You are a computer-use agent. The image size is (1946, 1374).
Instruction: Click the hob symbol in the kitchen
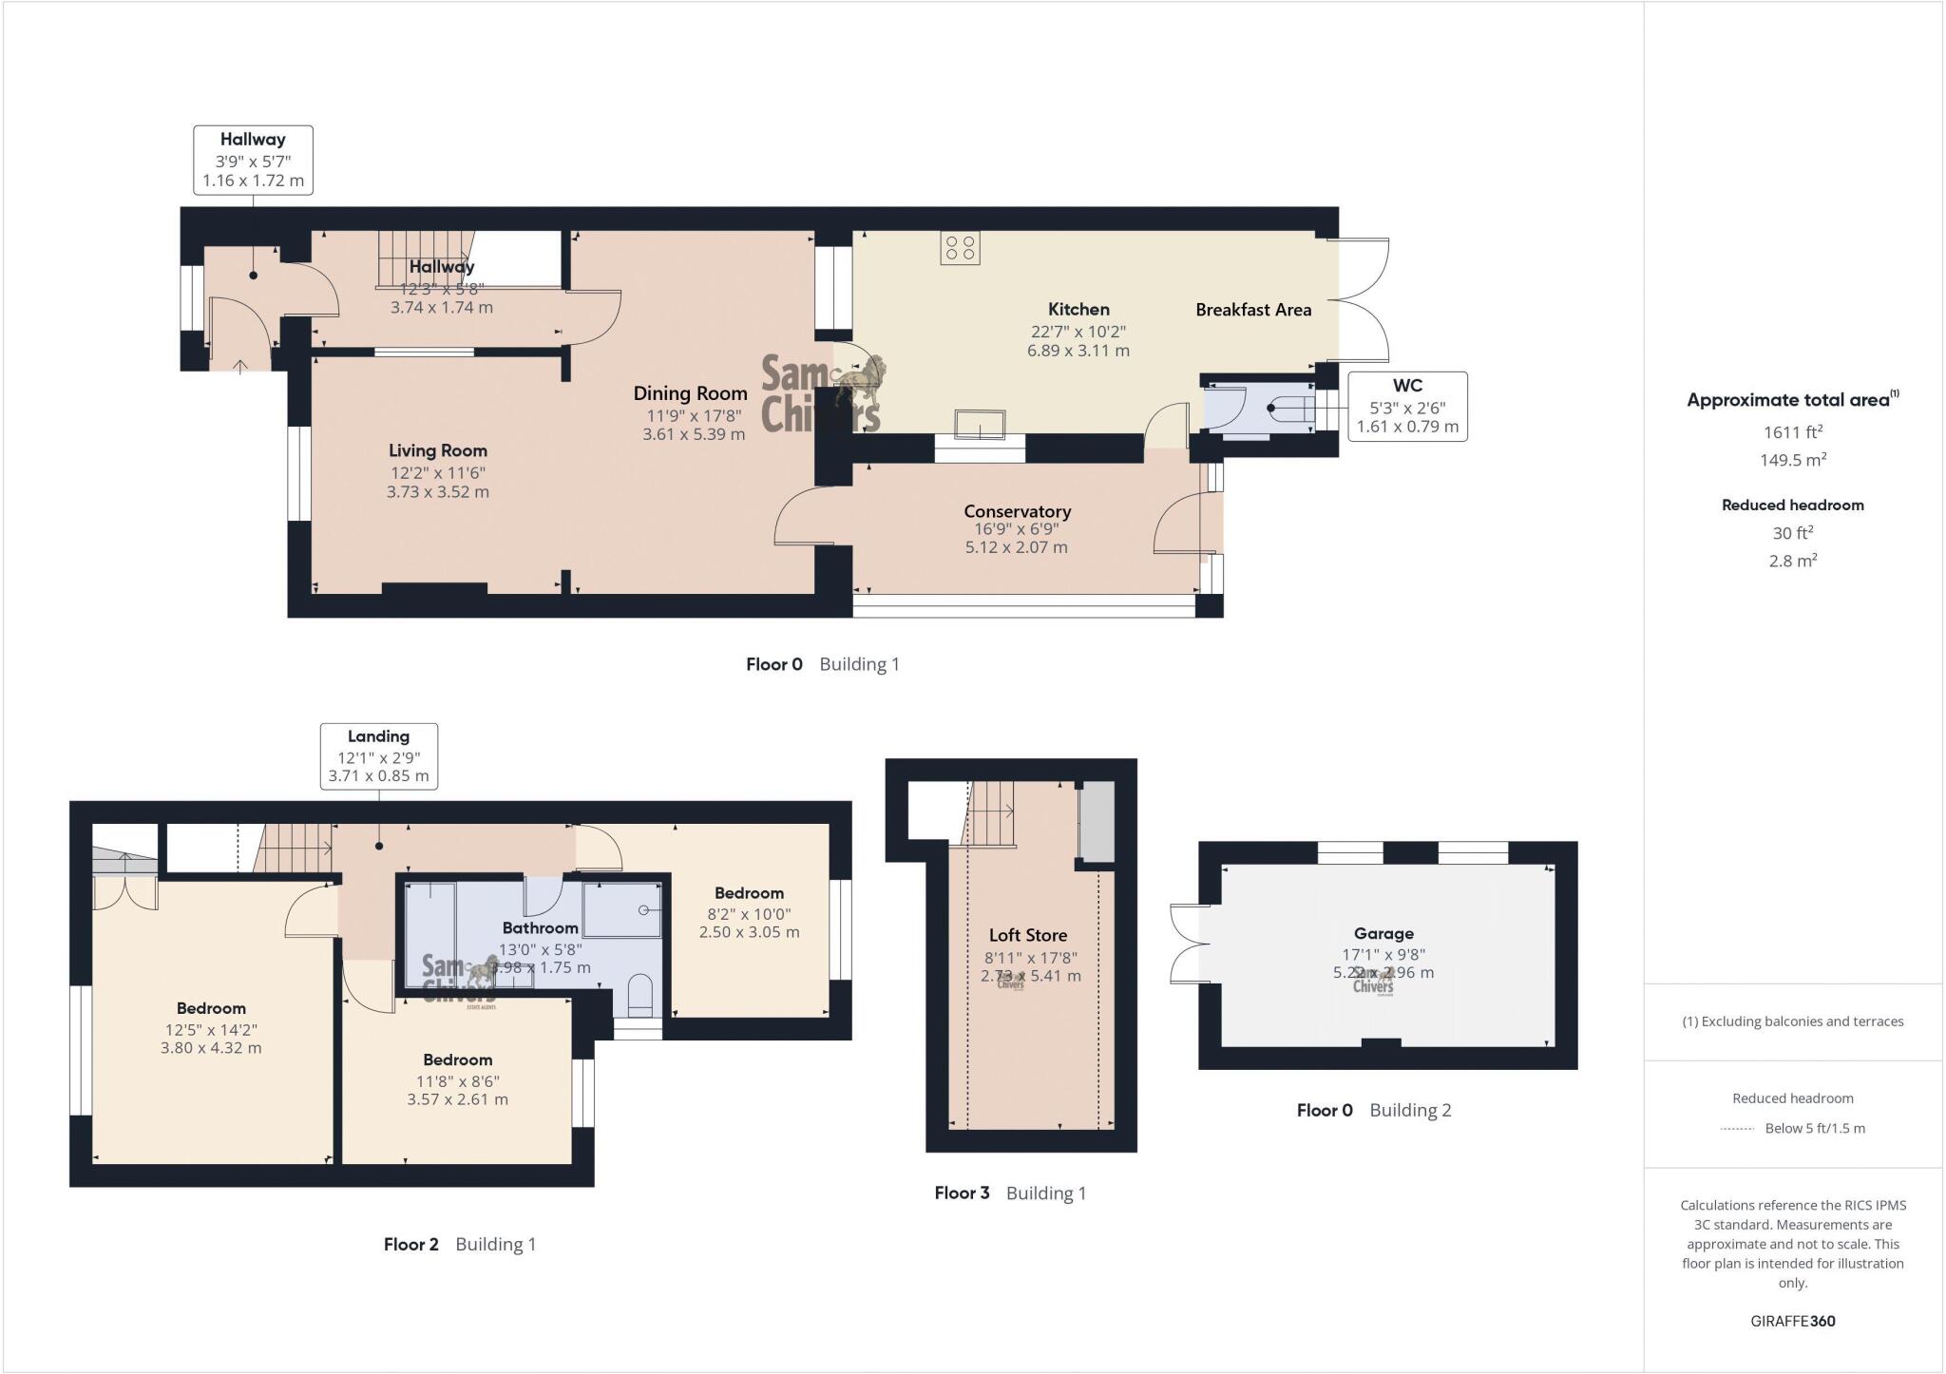tap(960, 249)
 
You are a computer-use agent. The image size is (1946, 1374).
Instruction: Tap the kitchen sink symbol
tap(981, 424)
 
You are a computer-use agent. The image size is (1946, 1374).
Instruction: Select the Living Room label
tap(437, 450)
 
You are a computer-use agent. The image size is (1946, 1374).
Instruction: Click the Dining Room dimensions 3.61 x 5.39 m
tap(694, 434)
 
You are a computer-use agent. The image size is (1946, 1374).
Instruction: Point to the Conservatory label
tap(1017, 511)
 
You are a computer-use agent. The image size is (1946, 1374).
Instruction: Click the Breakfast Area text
tap(1252, 310)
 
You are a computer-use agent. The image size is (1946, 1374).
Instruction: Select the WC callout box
tap(1406, 406)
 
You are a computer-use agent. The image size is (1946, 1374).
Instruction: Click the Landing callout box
tap(378, 755)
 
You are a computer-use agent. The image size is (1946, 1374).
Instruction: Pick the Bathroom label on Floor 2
tap(540, 927)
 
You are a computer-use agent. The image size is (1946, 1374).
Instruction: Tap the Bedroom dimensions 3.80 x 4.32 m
tap(211, 1049)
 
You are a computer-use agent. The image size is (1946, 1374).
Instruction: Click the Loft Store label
tap(1028, 935)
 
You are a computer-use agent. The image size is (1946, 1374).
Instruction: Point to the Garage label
tap(1383, 933)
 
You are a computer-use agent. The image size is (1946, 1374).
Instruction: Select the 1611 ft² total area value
tap(1792, 432)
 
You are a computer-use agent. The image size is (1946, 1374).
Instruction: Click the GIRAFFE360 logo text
tap(1792, 1321)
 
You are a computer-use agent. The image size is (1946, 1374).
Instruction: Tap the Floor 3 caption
tap(962, 1193)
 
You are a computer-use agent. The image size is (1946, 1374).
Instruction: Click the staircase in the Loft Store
tap(992, 813)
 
